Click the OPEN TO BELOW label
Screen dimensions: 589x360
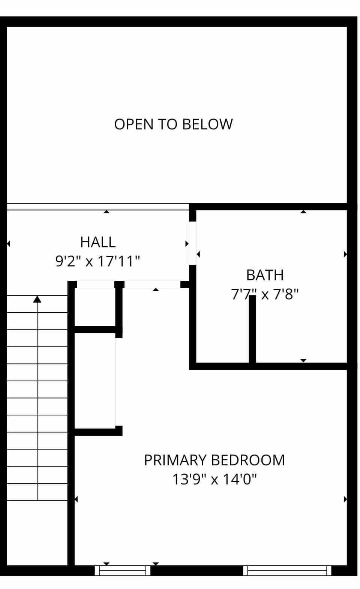pyautogui.click(x=173, y=124)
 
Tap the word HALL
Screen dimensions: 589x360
pyautogui.click(x=97, y=242)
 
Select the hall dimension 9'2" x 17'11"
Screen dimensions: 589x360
pyautogui.click(x=97, y=261)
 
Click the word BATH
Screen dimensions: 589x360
pyautogui.click(x=265, y=275)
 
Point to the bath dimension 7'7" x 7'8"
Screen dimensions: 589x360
pyautogui.click(x=265, y=294)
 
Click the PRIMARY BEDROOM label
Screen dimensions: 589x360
pyautogui.click(x=214, y=460)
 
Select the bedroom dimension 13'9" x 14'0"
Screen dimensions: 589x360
pyautogui.click(x=214, y=479)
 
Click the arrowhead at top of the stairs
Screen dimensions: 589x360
pyautogui.click(x=37, y=299)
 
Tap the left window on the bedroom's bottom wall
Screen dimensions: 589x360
pyautogui.click(x=122, y=571)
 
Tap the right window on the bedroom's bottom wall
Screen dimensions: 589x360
pyautogui.click(x=287, y=571)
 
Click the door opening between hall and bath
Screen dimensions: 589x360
pyautogui.click(x=192, y=243)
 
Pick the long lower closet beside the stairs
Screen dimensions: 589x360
pyautogui.click(x=95, y=381)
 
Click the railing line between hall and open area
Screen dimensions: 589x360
pyautogui.click(x=97, y=207)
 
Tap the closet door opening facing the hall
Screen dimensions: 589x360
pyautogui.click(x=95, y=285)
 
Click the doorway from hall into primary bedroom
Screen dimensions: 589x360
pyautogui.click(x=152, y=285)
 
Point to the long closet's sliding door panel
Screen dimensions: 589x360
pyautogui.click(x=118, y=382)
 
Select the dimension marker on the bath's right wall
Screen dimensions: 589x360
pyautogui.click(x=345, y=254)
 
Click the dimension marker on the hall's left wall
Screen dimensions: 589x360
pyautogui.click(x=8, y=244)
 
